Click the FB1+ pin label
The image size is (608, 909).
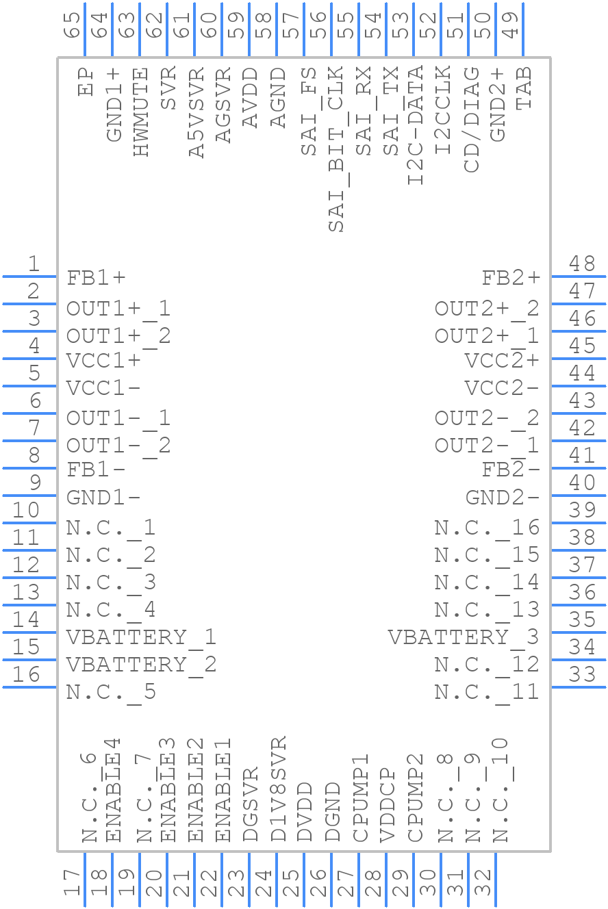(97, 278)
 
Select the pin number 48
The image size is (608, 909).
(583, 264)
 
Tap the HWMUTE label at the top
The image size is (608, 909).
(141, 113)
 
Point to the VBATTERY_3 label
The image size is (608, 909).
(464, 637)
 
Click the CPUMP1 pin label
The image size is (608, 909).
(361, 798)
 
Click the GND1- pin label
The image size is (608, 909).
(103, 498)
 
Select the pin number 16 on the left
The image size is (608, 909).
(26, 675)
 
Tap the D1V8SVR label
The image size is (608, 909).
(279, 789)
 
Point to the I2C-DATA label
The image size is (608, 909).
(416, 125)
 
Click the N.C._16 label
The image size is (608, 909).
(487, 528)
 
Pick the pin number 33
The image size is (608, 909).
(583, 675)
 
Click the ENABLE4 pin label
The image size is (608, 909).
(114, 790)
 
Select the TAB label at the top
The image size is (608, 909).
(524, 90)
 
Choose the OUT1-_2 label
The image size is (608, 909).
(118, 446)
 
